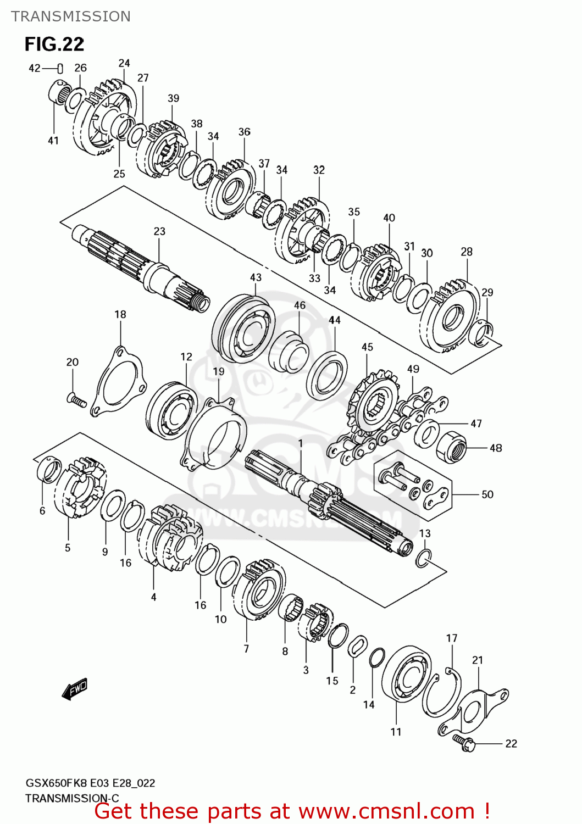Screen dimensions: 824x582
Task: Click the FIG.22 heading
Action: click(x=54, y=44)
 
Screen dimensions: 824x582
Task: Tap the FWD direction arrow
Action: click(x=75, y=688)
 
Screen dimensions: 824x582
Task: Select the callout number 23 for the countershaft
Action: click(x=159, y=231)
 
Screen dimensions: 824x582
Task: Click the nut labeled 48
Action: click(x=451, y=446)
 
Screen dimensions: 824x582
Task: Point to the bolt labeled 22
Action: click(x=465, y=743)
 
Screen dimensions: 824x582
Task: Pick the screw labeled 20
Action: click(x=76, y=400)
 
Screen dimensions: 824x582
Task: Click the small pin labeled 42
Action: click(x=60, y=68)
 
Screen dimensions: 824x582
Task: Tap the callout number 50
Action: click(x=487, y=494)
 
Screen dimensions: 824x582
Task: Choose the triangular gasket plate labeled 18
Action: click(x=118, y=381)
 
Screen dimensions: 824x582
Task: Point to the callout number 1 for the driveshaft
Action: click(x=301, y=443)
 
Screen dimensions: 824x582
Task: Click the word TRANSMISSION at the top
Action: click(x=71, y=16)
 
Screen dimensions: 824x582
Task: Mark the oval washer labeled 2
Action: click(x=358, y=646)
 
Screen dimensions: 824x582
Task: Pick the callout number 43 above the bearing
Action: click(x=256, y=277)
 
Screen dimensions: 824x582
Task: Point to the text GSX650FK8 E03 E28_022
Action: click(x=90, y=783)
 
